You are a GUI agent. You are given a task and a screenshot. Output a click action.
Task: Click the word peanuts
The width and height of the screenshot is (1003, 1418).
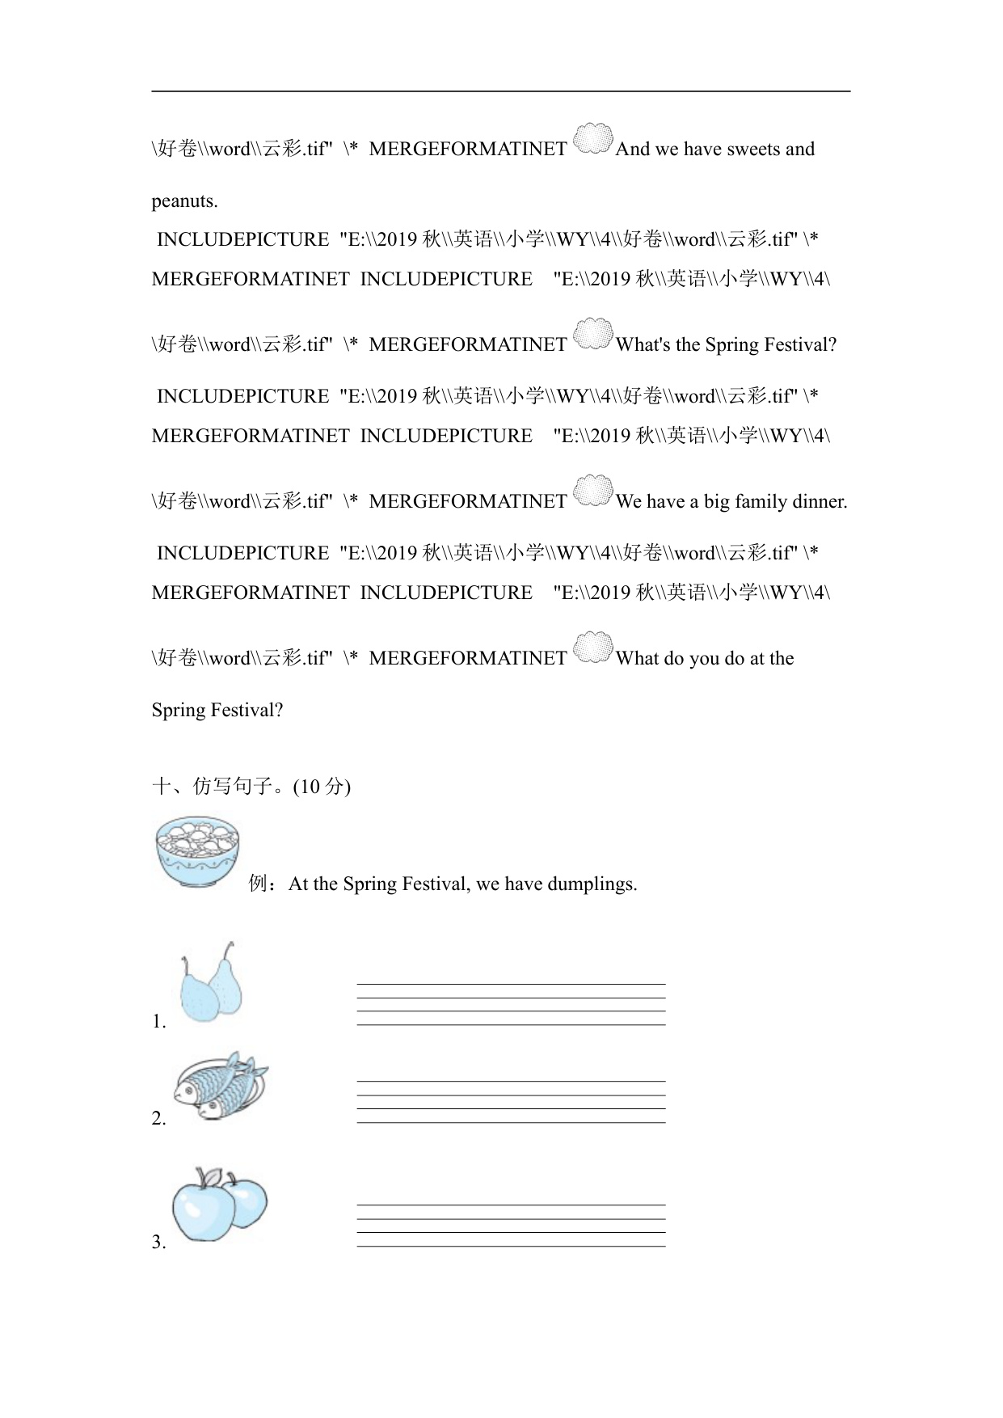tap(184, 201)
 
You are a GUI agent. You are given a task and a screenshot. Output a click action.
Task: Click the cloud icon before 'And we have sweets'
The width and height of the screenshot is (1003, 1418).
tap(592, 139)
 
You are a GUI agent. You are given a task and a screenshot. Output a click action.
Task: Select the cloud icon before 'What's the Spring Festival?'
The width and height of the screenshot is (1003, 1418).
tap(592, 335)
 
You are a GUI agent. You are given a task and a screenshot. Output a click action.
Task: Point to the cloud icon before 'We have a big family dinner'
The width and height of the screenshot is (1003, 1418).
tap(592, 492)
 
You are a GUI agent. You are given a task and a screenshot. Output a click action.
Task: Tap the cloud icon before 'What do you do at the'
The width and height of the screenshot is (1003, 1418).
tap(592, 648)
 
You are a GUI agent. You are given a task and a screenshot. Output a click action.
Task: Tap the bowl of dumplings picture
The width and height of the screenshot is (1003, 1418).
tap(197, 852)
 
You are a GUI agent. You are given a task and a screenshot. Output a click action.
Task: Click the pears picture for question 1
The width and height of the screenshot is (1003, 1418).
tap(211, 982)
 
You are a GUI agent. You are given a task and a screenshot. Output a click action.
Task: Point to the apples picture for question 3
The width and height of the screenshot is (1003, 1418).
tap(218, 1204)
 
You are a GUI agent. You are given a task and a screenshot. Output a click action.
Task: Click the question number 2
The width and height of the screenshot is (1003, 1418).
tap(158, 1119)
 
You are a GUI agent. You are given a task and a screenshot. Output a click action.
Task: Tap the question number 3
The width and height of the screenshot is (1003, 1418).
tap(158, 1243)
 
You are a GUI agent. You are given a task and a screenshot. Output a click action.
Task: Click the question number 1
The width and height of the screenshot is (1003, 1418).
tap(158, 1022)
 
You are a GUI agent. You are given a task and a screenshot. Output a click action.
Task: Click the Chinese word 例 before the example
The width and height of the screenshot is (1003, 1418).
tap(258, 884)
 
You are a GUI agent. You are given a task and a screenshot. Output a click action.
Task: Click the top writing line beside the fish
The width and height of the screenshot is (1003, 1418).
tap(511, 1081)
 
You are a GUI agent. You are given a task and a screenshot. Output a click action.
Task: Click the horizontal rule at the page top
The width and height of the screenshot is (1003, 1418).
tap(501, 91)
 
